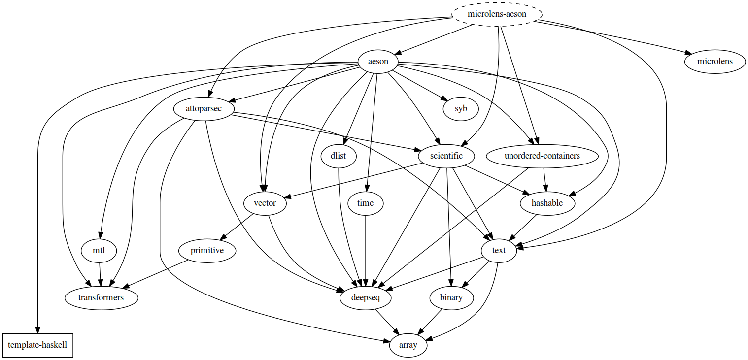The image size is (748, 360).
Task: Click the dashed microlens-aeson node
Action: coord(497,14)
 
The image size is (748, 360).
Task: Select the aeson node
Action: coord(378,62)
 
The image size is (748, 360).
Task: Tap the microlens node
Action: coord(714,62)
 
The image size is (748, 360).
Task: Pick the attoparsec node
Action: coord(204,109)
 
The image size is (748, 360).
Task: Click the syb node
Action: coord(461,109)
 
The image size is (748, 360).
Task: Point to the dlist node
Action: coord(339,156)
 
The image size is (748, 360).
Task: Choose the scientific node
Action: coord(447,156)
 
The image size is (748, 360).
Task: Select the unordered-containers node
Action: coord(542,156)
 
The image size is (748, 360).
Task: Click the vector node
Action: coord(265,203)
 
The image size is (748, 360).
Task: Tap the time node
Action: coord(365,203)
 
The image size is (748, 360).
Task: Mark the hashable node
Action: coord(547,203)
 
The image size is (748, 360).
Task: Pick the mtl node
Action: coord(99,251)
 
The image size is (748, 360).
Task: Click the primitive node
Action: coord(207,251)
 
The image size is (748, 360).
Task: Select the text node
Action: coord(499,251)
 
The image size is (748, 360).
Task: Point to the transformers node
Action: coord(101,298)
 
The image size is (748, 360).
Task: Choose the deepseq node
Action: coord(366,298)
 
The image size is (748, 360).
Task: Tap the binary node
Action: coord(451,298)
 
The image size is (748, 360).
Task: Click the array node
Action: coord(408,345)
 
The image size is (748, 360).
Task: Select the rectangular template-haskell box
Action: coord(37,345)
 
